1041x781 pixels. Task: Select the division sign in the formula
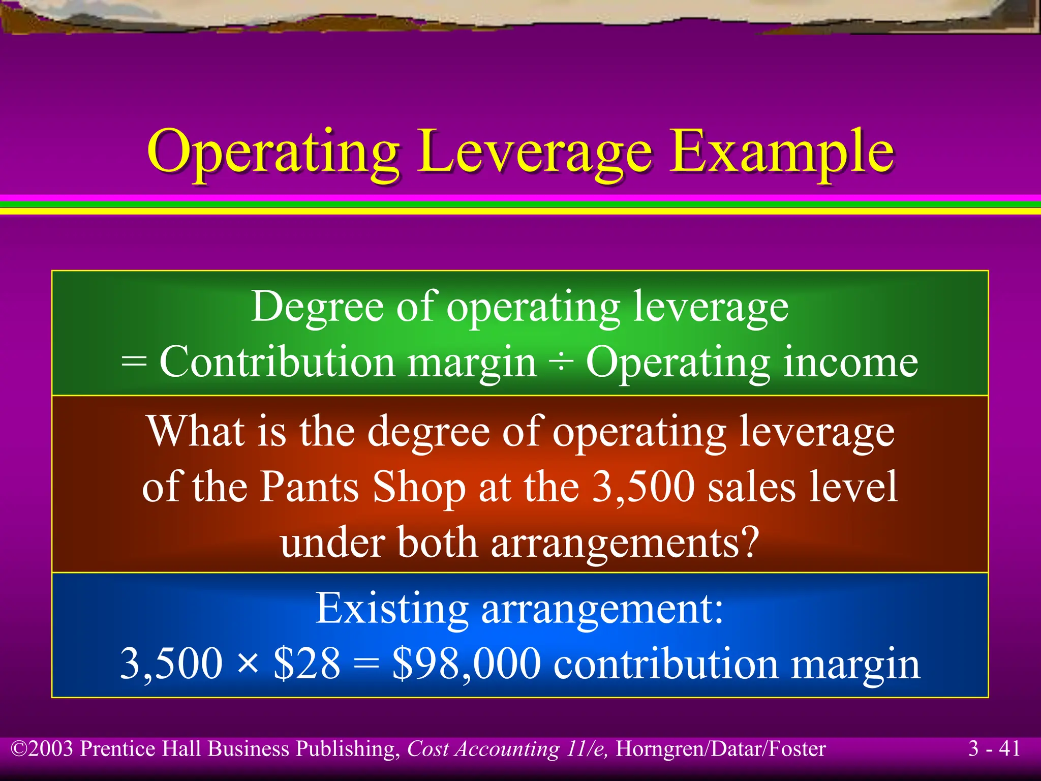pos(561,363)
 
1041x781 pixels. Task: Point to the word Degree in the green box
pos(317,307)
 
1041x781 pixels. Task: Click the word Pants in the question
pos(310,487)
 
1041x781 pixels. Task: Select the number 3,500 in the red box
pos(644,487)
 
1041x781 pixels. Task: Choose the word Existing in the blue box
pos(392,608)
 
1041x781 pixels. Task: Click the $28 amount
pos(307,664)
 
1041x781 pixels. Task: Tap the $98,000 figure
pos(466,664)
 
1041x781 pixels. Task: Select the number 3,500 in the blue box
pos(171,664)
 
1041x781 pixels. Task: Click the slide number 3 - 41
pos(994,748)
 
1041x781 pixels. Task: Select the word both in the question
pos(437,542)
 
